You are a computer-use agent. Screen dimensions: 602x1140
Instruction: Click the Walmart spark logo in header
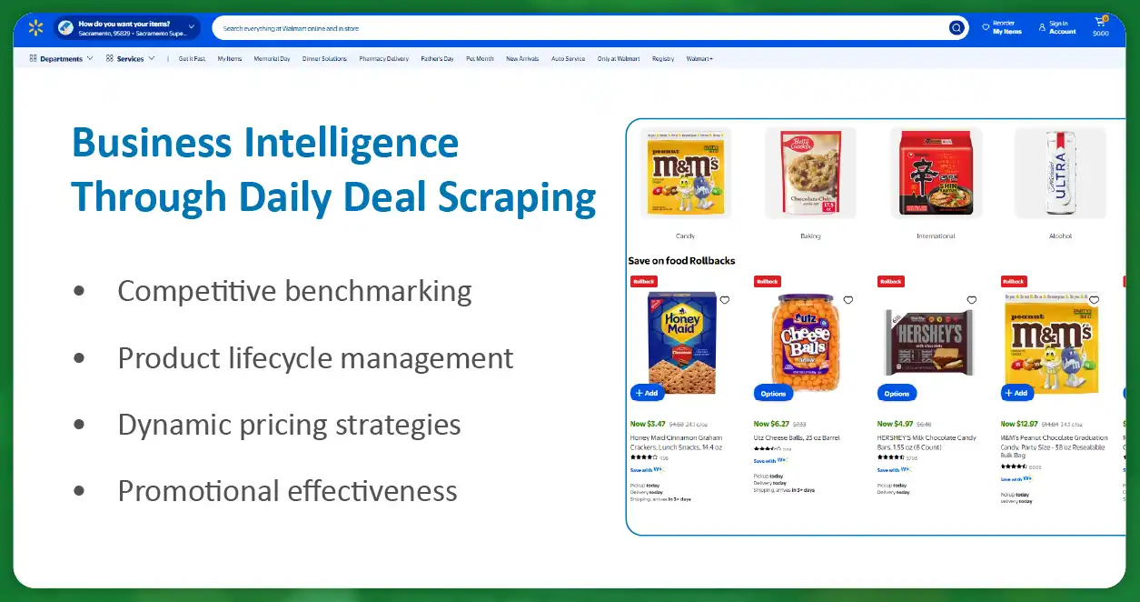[35, 28]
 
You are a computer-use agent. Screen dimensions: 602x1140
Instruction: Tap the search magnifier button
[956, 28]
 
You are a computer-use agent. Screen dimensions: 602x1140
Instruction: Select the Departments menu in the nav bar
[61, 59]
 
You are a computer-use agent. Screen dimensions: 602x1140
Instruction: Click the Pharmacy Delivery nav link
[383, 59]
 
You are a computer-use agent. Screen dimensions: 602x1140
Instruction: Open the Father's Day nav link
[437, 59]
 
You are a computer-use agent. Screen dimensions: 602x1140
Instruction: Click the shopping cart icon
[1101, 24]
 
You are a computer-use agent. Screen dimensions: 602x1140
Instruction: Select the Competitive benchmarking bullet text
[294, 291]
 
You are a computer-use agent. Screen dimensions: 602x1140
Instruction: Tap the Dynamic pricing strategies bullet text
[289, 425]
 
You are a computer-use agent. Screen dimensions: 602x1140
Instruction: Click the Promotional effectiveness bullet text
[287, 491]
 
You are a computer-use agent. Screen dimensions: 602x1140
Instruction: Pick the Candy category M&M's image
[685, 173]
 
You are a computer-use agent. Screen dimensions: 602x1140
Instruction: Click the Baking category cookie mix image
[809, 173]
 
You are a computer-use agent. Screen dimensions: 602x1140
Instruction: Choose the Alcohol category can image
[1059, 173]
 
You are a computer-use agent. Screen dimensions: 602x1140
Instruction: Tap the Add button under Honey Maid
[647, 393]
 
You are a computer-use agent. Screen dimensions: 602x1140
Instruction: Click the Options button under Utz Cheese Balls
[773, 393]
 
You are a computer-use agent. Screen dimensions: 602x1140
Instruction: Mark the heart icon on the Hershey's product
[971, 300]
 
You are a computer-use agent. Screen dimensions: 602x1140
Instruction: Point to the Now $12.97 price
[1018, 424]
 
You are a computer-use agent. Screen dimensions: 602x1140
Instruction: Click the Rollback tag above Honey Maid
[643, 282]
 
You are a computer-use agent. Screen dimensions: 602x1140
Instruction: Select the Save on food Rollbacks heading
[681, 261]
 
